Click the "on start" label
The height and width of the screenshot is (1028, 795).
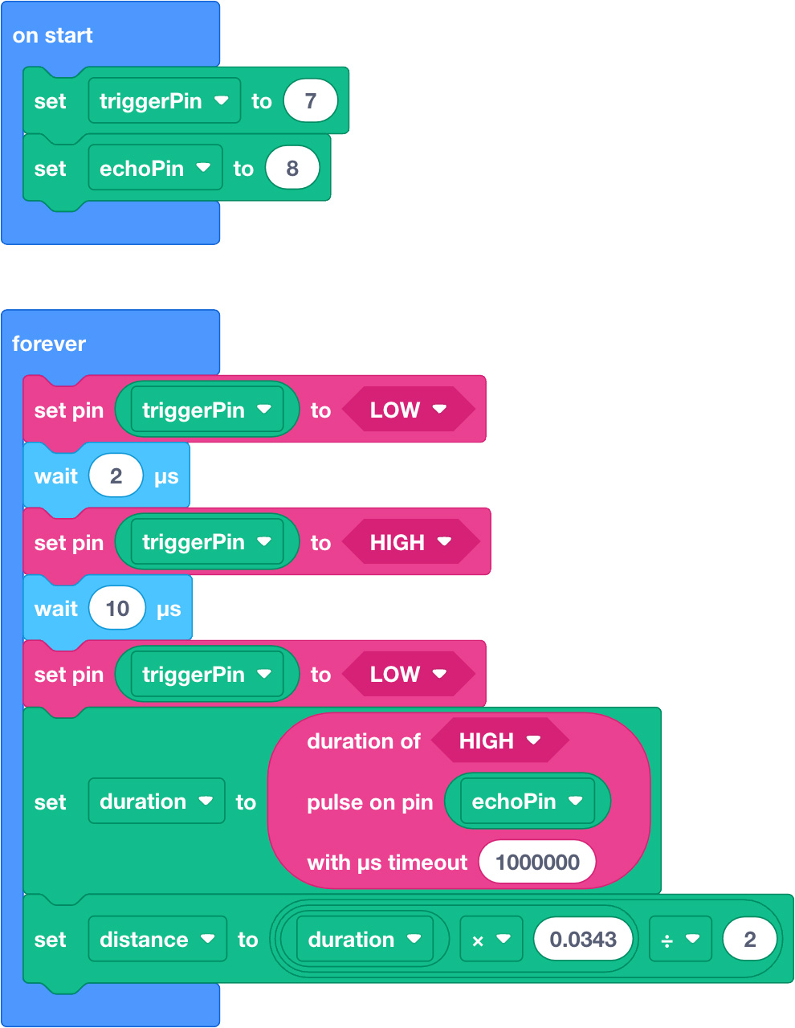(52, 35)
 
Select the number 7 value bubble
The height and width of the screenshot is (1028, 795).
(310, 100)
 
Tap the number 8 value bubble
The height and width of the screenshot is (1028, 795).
(292, 168)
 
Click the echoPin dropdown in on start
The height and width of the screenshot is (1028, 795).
(155, 168)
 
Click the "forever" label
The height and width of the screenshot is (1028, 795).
(49, 344)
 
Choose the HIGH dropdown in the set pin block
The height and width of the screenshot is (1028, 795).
(410, 541)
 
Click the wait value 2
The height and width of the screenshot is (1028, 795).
(116, 475)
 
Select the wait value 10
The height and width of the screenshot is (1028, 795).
(117, 608)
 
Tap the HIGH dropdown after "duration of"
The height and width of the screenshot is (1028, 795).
(500, 740)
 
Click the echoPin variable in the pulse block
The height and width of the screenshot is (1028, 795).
(528, 801)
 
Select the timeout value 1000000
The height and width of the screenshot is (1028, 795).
(537, 862)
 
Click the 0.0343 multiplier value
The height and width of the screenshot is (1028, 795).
(583, 939)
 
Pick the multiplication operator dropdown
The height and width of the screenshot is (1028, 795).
(491, 939)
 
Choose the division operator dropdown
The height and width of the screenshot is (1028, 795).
(680, 939)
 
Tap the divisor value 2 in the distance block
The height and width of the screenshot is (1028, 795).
(749, 939)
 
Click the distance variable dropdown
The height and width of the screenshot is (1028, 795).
(157, 939)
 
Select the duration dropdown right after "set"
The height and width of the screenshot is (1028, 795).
(157, 801)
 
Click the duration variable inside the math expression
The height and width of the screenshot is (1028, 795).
(365, 939)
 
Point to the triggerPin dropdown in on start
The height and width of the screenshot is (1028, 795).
(165, 100)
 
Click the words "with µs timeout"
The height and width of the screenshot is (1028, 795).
(387, 863)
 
